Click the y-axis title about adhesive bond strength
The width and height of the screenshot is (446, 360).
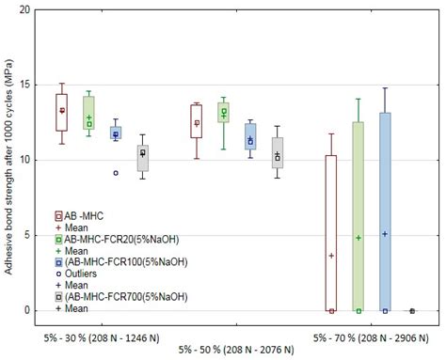(x=8, y=160)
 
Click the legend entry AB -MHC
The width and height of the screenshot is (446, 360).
(x=84, y=216)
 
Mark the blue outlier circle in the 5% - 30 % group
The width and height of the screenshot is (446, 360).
(x=116, y=173)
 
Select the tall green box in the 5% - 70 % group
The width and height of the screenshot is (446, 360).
(x=358, y=216)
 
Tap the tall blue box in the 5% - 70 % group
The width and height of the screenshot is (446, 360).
(x=385, y=211)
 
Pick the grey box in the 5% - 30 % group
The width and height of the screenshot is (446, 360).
(x=142, y=158)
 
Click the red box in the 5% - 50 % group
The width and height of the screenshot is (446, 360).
(x=197, y=121)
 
